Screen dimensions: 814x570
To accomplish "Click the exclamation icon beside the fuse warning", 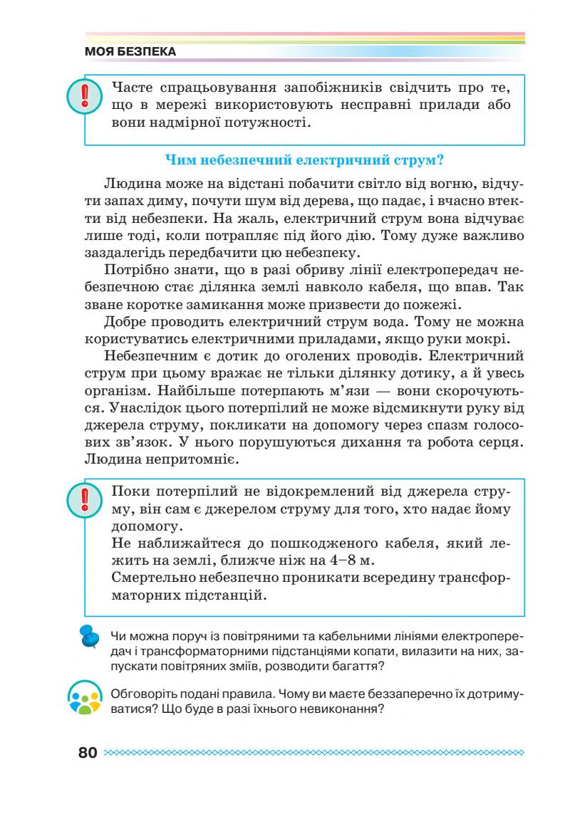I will point(83,96).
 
